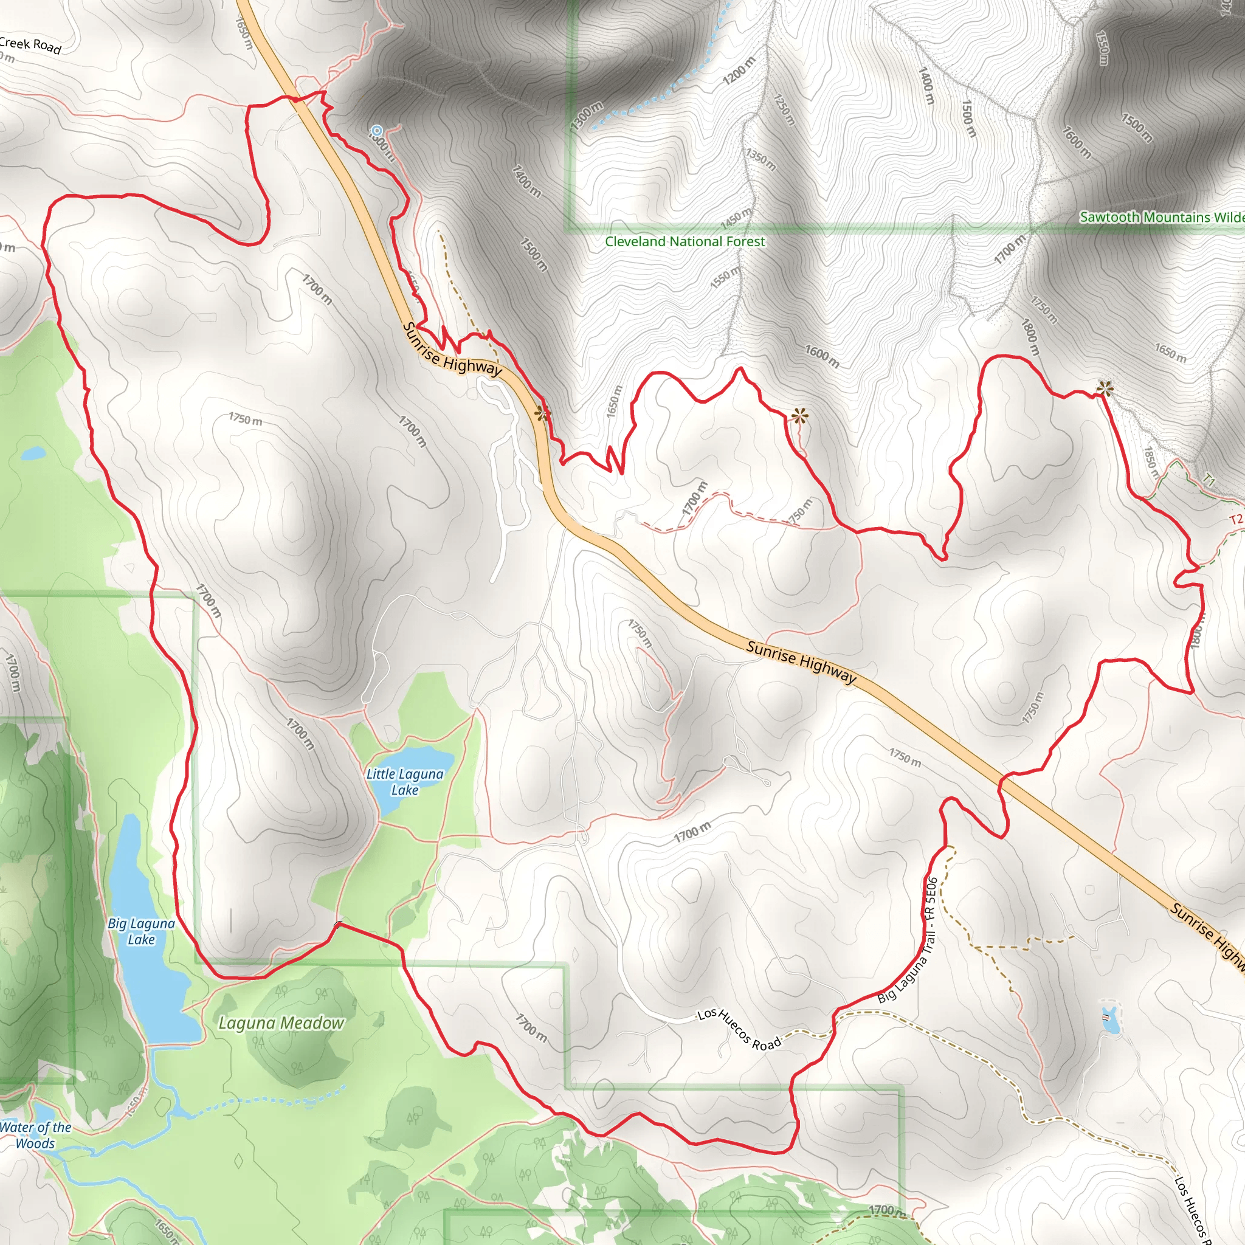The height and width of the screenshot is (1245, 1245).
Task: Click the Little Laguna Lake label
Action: pos(405,782)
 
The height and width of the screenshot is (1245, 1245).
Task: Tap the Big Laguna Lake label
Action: pos(141,931)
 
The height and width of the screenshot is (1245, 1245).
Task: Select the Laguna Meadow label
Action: pos(281,1023)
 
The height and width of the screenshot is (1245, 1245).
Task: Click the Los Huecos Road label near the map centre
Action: pos(739,1029)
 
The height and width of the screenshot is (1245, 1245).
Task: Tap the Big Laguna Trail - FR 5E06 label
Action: pos(908,940)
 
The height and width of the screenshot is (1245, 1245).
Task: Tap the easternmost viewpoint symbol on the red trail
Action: pos(1105,388)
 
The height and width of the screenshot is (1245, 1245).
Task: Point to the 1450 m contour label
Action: pos(736,218)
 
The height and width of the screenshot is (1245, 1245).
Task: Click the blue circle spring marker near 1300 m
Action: pos(377,131)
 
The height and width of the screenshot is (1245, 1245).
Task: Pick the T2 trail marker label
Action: pos(1235,519)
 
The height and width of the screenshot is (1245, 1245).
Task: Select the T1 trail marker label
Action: pos(1209,481)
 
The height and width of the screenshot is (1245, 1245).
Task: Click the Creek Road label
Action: pos(30,45)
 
